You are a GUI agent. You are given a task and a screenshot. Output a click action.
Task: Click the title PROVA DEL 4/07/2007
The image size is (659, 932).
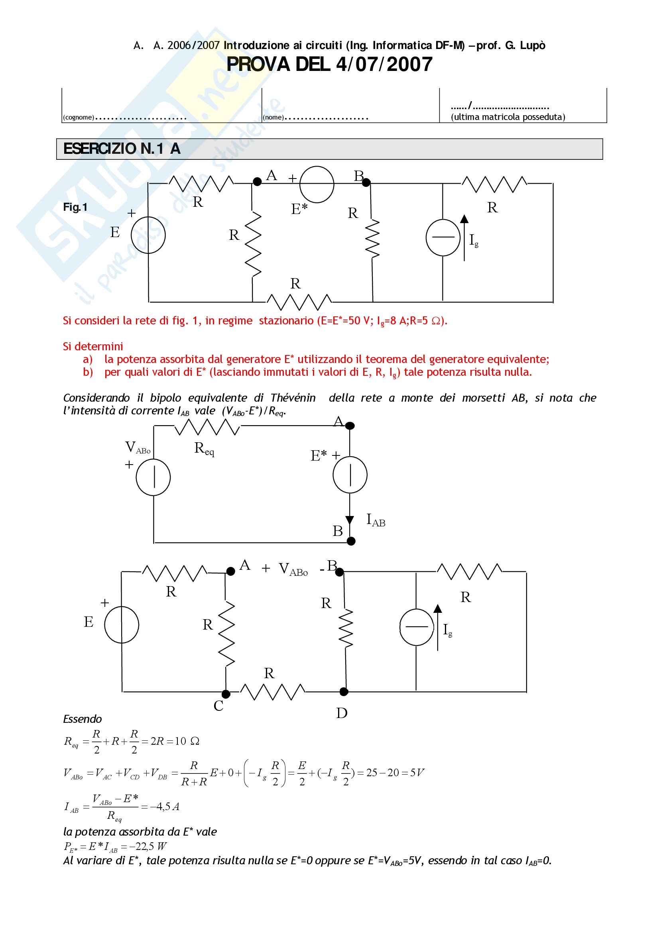(x=329, y=65)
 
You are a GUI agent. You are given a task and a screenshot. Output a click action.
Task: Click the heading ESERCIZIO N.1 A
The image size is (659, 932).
(x=122, y=149)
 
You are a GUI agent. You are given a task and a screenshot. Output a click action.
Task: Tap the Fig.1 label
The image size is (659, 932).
(x=75, y=208)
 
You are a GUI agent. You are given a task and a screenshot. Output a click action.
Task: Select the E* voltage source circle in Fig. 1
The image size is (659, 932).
(x=317, y=184)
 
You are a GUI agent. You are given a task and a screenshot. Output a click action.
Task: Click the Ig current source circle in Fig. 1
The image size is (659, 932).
(x=443, y=237)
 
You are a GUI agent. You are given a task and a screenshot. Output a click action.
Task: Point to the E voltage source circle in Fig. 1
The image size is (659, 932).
(x=148, y=235)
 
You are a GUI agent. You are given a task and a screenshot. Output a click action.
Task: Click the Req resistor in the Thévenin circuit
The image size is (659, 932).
(x=207, y=427)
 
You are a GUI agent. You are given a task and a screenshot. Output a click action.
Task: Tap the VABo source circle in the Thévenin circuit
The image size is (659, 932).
(x=153, y=477)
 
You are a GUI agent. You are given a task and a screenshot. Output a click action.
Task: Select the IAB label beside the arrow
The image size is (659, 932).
(x=376, y=520)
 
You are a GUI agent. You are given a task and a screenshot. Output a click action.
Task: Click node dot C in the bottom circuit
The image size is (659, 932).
(x=226, y=694)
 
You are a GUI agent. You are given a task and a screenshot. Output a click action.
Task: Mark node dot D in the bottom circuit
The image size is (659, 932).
(x=344, y=692)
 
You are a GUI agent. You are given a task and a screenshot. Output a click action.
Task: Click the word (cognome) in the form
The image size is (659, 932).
(x=79, y=118)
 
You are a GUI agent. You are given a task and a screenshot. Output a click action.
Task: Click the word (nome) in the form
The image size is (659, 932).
(x=273, y=118)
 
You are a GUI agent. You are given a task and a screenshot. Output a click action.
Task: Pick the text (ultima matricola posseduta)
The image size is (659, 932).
(x=508, y=117)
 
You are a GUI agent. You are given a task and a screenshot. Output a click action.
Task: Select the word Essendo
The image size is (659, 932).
(x=83, y=719)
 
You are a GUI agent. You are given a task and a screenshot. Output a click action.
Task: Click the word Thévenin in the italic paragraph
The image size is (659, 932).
(x=293, y=398)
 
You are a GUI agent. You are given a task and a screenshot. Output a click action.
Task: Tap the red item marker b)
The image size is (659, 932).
(x=88, y=372)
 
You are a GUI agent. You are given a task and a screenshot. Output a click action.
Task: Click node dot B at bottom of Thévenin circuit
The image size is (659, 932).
(x=351, y=541)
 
